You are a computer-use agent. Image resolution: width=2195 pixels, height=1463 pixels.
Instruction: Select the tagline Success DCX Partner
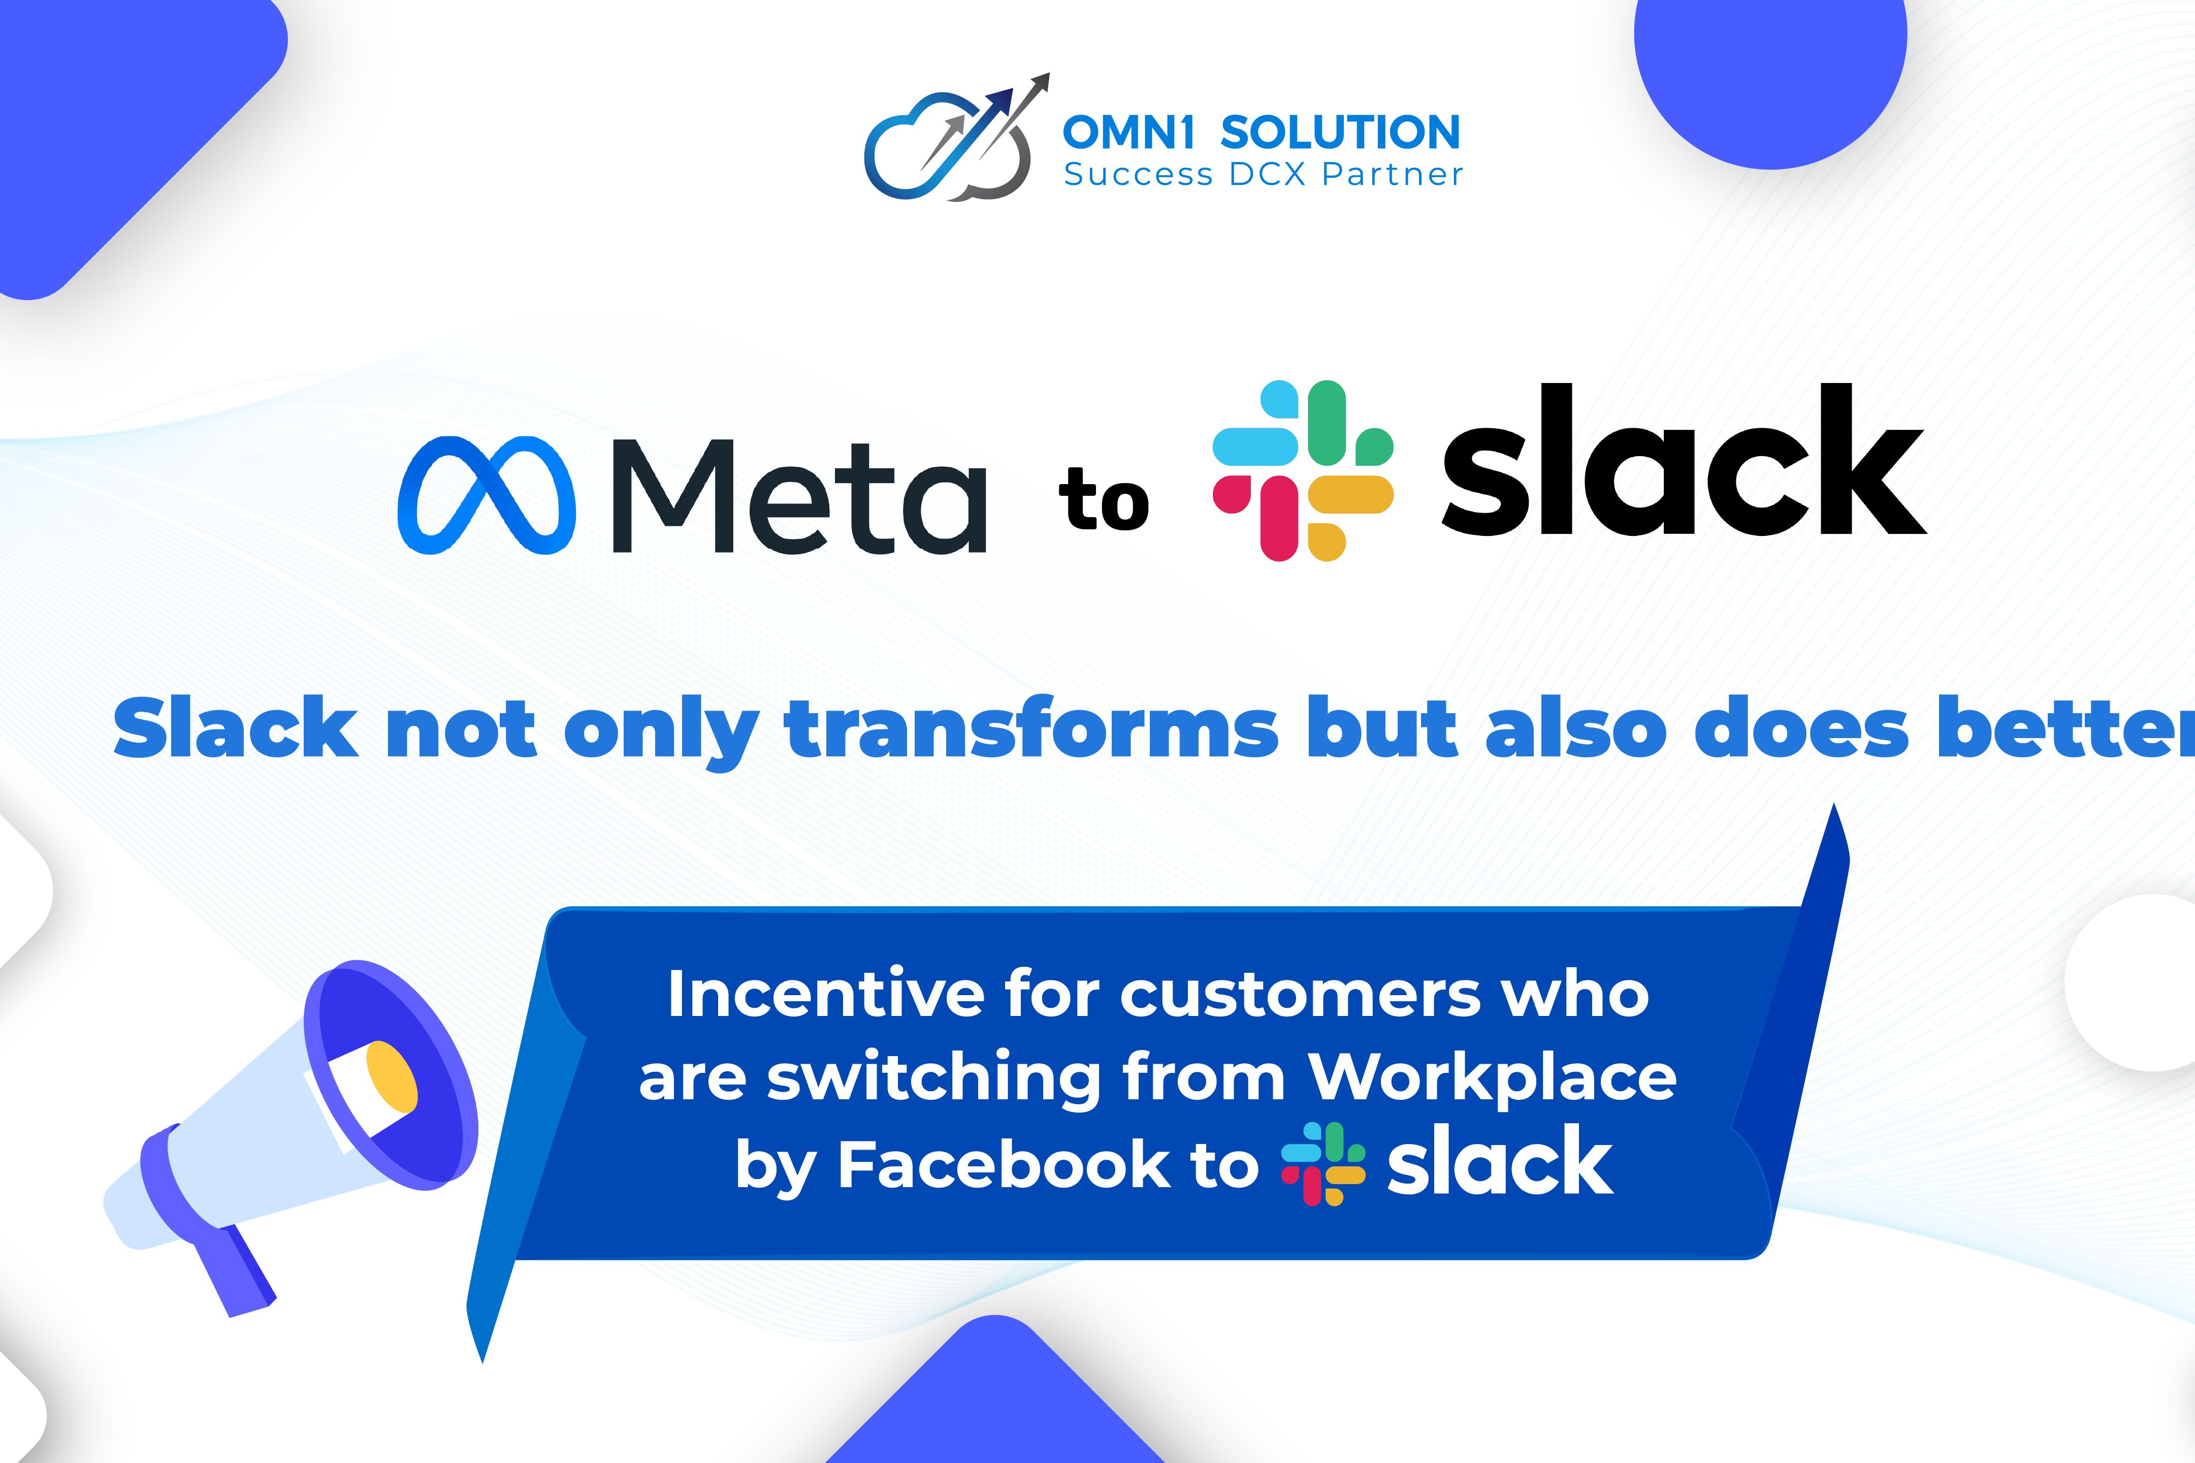click(1263, 174)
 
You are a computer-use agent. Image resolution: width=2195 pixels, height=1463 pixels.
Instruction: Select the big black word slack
click(1683, 462)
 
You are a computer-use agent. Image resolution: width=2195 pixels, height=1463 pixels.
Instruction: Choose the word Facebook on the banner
click(1004, 1164)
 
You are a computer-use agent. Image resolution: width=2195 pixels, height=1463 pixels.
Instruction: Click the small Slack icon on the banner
click(1323, 1163)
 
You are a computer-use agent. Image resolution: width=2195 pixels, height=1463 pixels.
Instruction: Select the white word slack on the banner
click(1500, 1162)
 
